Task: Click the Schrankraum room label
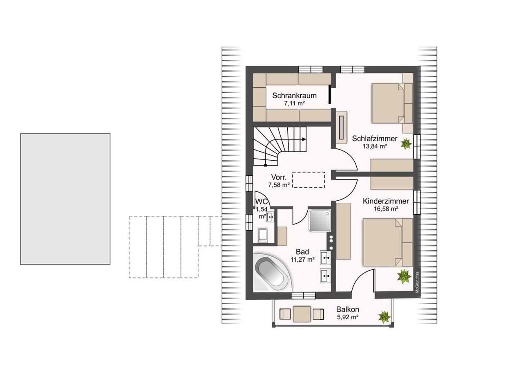[294, 96]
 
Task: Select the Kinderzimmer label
[386, 201]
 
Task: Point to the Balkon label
[348, 309]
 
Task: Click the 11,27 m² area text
[303, 260]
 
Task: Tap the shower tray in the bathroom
[320, 221]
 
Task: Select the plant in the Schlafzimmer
[406, 144]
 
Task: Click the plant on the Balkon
[384, 317]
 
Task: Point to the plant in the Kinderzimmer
[404, 276]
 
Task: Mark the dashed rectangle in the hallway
[308, 180]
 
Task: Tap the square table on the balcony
[302, 314]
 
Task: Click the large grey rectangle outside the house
[65, 199]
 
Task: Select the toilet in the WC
[263, 235]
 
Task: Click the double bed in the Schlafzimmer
[391, 103]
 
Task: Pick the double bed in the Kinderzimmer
[388, 242]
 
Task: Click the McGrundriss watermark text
[418, 282]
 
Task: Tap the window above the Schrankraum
[311, 70]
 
